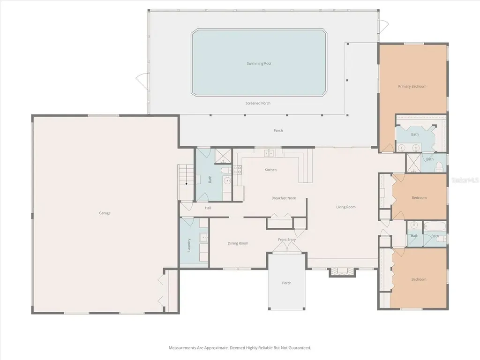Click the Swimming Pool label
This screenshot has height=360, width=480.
coord(259,64)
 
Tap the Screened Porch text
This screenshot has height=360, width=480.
coord(258,103)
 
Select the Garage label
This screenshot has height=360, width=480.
coord(105,213)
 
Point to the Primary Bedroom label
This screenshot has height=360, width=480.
coord(412,86)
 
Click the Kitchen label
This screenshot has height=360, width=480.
coord(270,170)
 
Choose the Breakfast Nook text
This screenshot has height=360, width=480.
coord(284,198)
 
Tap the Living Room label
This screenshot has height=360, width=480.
coord(346,207)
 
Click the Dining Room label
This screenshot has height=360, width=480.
coord(238,243)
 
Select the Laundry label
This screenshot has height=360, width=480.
coord(189,245)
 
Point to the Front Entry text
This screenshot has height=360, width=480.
coord(287,240)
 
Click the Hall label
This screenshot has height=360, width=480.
coord(208,208)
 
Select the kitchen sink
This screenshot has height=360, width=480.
coord(269,152)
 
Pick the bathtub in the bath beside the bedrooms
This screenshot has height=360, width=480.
coord(435,227)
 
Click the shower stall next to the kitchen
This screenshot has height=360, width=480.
coord(223,157)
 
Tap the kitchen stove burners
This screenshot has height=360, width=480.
coord(238,170)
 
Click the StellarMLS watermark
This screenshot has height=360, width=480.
coord(465,180)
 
